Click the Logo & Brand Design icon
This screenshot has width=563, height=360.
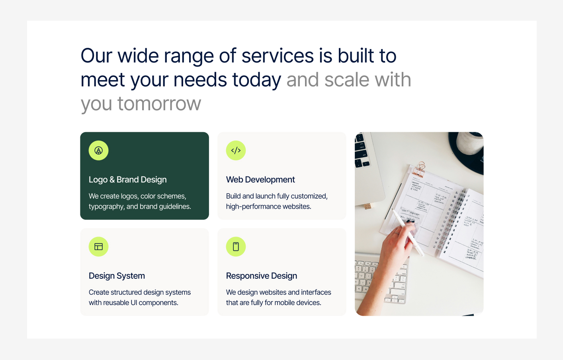98,151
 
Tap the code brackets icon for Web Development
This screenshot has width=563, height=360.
236,151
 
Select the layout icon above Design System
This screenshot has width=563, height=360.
98,247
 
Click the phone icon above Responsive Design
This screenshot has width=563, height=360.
236,247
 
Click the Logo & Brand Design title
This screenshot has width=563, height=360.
127,180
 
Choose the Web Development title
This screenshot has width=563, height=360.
260,180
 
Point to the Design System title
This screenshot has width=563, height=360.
117,276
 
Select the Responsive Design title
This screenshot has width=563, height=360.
261,276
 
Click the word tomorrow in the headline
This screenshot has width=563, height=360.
159,104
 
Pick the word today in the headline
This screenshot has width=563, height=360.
256,80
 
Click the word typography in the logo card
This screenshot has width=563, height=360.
106,207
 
